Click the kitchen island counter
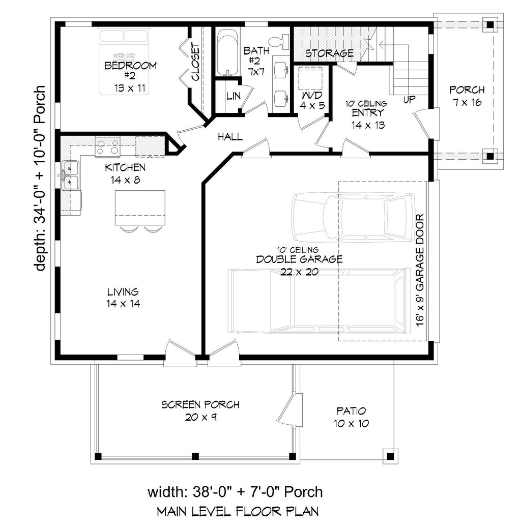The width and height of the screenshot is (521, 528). [140, 208]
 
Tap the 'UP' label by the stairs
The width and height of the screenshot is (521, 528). [408, 99]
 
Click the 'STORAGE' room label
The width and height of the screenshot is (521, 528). [329, 53]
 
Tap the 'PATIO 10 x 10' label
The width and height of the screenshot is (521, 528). [352, 417]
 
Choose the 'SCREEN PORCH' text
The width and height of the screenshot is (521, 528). [200, 405]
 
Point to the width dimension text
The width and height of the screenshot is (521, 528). [235, 491]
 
